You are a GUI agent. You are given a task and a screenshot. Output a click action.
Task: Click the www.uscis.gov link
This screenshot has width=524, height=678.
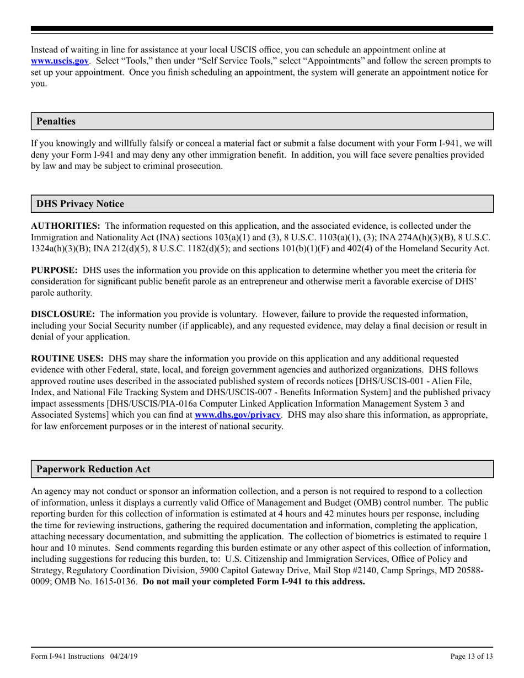coord(60,61)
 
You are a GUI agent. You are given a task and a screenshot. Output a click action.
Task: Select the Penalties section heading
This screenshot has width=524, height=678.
coord(56,121)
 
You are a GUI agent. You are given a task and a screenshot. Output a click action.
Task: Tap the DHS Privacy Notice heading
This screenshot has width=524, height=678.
coord(80,204)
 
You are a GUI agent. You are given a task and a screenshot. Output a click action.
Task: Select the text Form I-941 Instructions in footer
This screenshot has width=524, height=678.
coord(67,656)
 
